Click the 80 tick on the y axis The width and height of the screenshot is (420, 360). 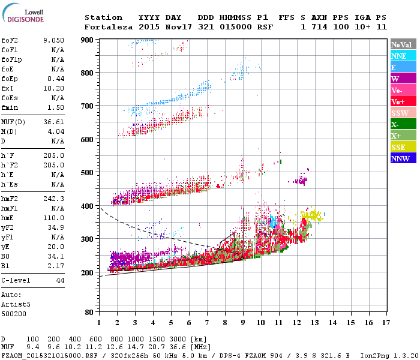point(90,313)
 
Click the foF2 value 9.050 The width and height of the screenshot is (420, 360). point(53,40)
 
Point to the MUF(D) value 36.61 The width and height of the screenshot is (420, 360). point(53,122)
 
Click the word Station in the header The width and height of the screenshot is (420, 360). point(103,17)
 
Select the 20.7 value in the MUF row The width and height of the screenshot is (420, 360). point(160,347)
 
